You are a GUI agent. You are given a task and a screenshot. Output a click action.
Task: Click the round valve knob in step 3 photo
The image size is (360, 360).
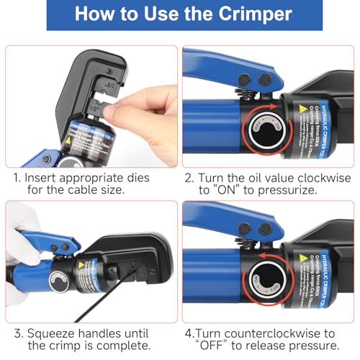(x=58, y=279)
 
